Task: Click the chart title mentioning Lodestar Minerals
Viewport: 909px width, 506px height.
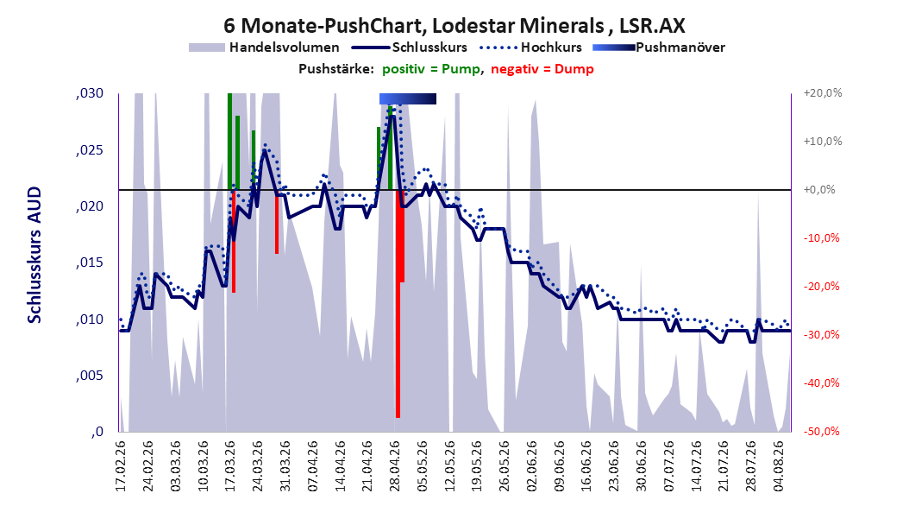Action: pyautogui.click(x=454, y=26)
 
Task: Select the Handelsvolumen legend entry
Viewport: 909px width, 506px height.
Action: pyautogui.click(x=265, y=47)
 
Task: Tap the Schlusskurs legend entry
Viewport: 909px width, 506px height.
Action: pyautogui.click(x=410, y=47)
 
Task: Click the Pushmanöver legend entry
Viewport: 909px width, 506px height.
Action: pyautogui.click(x=659, y=47)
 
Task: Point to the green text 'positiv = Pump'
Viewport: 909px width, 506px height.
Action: pyautogui.click(x=430, y=69)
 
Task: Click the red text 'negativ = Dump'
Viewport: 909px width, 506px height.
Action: pyautogui.click(x=542, y=69)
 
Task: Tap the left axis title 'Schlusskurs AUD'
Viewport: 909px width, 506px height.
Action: pyautogui.click(x=34, y=255)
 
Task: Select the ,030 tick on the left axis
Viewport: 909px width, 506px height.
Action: pyautogui.click(x=90, y=93)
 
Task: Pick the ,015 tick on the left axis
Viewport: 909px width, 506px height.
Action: pyautogui.click(x=90, y=262)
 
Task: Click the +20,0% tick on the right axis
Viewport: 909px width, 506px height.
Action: pyautogui.click(x=823, y=93)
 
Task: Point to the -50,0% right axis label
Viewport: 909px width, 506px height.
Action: pyautogui.click(x=821, y=431)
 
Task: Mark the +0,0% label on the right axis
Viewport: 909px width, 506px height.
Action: pyautogui.click(x=819, y=190)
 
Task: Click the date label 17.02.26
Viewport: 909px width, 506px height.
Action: pyautogui.click(x=121, y=466)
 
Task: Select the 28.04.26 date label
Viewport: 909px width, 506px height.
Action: pyautogui.click(x=395, y=466)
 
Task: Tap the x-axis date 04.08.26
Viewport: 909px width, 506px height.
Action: pyautogui.click(x=779, y=466)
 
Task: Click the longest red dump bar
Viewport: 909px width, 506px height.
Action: pyautogui.click(x=398, y=303)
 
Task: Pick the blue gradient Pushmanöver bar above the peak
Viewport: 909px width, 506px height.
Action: pyautogui.click(x=408, y=98)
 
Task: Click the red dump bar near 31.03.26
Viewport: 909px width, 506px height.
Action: pyautogui.click(x=277, y=222)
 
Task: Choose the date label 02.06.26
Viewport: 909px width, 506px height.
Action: pyautogui.click(x=531, y=466)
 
